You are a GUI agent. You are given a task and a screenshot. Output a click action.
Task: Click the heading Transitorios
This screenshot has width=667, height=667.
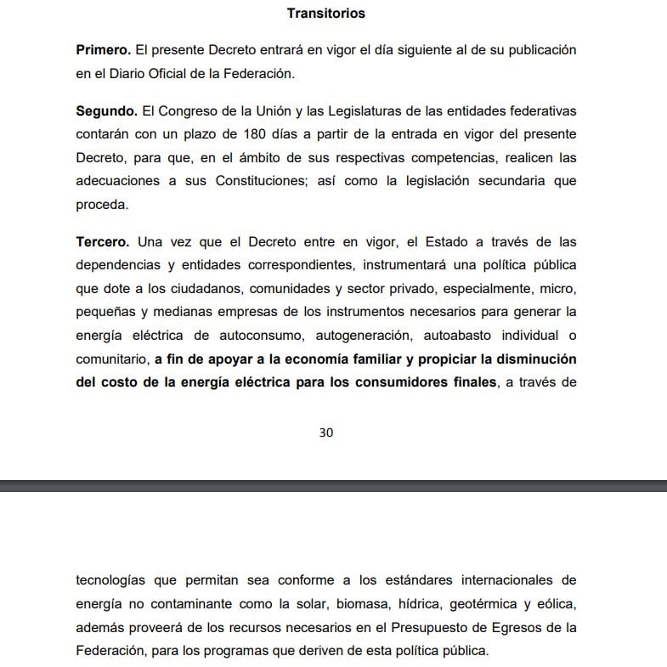click(x=326, y=13)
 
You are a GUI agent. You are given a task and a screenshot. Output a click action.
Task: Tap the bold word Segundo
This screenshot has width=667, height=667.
click(x=105, y=111)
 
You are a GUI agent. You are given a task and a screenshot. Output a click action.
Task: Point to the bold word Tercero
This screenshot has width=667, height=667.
click(x=102, y=240)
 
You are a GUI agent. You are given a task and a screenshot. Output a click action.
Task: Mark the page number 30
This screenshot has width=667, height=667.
click(x=326, y=432)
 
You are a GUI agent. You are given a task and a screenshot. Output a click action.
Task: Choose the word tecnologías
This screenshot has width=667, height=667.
click(x=110, y=580)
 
